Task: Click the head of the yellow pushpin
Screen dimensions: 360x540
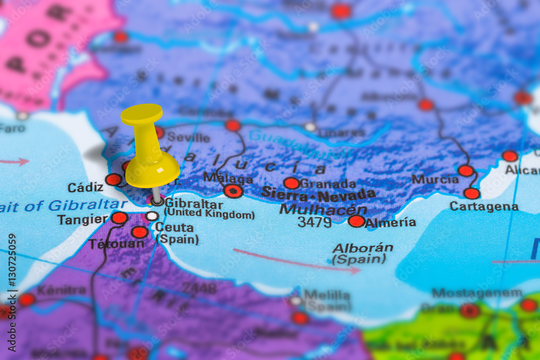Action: [x=141, y=114]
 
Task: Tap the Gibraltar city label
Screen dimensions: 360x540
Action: [x=193, y=204]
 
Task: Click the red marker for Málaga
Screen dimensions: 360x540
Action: [x=233, y=191]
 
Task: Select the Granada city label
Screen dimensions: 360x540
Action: [x=328, y=184]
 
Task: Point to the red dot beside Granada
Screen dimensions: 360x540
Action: [x=292, y=184]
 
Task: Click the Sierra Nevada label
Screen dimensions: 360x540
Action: [x=318, y=194]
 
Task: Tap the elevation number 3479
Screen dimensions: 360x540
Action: [x=314, y=222]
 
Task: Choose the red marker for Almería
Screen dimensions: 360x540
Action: [x=356, y=221]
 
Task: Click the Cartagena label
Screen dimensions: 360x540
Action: [x=484, y=206]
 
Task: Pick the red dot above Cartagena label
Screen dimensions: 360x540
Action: [x=471, y=193]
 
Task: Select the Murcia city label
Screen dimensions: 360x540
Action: [x=435, y=179]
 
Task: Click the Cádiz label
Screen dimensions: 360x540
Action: [x=85, y=187]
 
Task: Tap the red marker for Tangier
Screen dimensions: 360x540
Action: [x=119, y=218]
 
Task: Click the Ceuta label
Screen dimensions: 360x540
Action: [x=174, y=227]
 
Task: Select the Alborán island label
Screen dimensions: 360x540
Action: [x=362, y=248]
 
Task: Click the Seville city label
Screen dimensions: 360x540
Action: [x=188, y=137]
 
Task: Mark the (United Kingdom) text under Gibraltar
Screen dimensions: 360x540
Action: [x=209, y=214]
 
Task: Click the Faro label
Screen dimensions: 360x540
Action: [x=12, y=128]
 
